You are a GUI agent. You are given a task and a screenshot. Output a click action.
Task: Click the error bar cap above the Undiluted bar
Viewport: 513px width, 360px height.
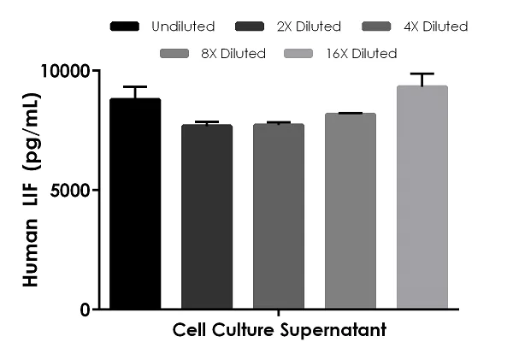tap(135, 87)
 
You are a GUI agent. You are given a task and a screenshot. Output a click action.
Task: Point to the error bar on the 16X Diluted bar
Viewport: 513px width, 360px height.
tap(422, 80)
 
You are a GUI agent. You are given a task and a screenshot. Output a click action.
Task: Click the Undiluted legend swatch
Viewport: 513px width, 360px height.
tap(124, 27)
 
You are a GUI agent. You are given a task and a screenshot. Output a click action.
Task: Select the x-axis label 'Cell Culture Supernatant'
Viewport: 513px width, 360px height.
tap(279, 329)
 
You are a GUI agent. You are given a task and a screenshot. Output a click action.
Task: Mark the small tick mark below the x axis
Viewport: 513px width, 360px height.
tap(279, 314)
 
